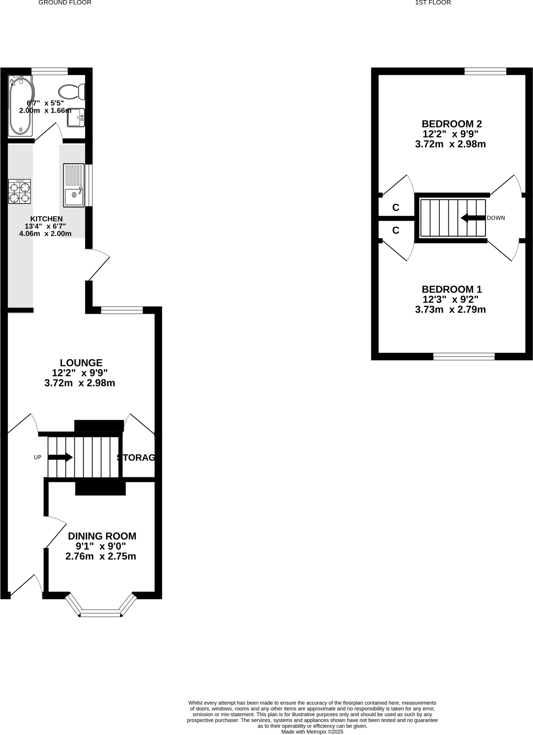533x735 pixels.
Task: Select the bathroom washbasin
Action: (76, 118)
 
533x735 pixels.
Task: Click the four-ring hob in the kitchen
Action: (19, 192)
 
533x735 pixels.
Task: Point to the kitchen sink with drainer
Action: (74, 185)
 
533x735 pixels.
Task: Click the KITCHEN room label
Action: (46, 219)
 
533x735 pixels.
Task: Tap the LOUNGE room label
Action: (81, 363)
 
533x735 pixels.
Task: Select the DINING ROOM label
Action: (102, 536)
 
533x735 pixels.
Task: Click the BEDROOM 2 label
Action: (451, 124)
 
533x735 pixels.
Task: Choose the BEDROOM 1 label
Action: (451, 289)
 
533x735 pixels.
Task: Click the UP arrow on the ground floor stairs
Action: (60, 457)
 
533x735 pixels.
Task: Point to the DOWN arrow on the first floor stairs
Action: (473, 218)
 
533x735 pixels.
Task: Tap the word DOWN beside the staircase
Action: (496, 218)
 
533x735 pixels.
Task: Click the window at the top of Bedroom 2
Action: (485, 71)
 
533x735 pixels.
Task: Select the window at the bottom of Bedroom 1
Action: (464, 356)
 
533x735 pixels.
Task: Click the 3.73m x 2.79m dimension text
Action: (450, 309)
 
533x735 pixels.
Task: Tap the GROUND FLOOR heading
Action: (65, 3)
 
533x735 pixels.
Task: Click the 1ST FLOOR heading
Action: (433, 3)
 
